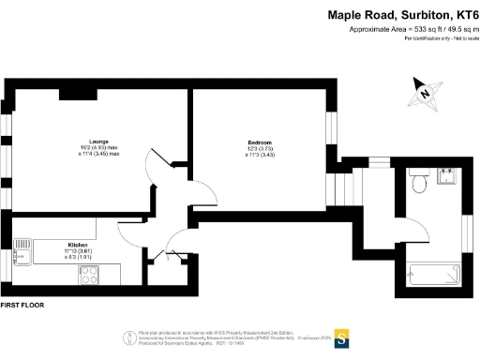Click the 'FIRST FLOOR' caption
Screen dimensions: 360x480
(x=23, y=306)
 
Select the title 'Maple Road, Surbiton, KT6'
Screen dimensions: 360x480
(x=402, y=15)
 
